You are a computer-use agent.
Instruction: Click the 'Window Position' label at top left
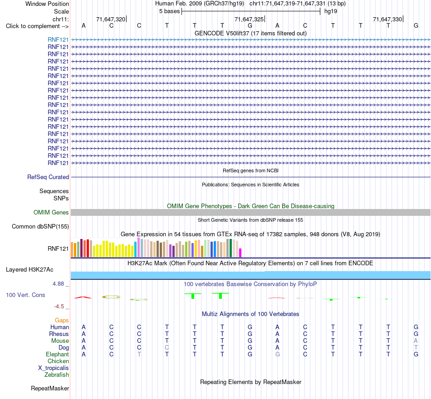click(x=47, y=4)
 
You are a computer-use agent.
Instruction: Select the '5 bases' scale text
click(x=169, y=11)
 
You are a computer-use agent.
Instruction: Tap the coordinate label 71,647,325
click(x=249, y=19)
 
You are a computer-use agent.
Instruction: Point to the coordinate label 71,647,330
click(x=387, y=19)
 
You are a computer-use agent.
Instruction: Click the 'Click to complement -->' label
click(x=37, y=26)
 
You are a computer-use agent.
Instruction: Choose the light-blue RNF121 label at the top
click(x=58, y=39)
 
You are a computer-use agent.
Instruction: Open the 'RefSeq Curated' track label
click(x=48, y=177)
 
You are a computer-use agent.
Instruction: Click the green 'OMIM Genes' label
click(x=51, y=212)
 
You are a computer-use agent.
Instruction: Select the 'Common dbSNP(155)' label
click(x=40, y=226)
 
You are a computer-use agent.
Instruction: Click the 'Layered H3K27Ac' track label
click(x=29, y=270)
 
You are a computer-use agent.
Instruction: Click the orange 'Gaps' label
click(x=62, y=321)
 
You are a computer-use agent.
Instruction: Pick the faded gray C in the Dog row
click(x=167, y=348)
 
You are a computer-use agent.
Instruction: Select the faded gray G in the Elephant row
click(x=278, y=355)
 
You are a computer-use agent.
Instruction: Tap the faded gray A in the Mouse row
click(x=416, y=341)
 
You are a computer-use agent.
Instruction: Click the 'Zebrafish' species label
click(x=57, y=375)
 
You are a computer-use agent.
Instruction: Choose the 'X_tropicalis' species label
click(x=54, y=368)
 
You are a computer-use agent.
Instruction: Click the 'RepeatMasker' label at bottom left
click(x=50, y=388)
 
